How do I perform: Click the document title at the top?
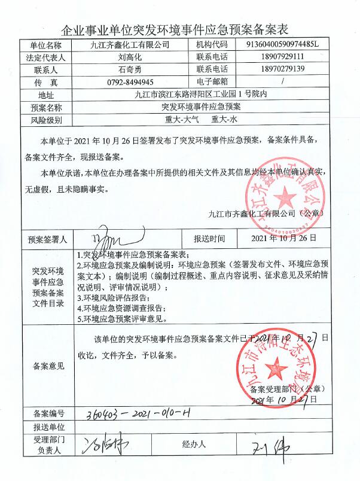point(180,28)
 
